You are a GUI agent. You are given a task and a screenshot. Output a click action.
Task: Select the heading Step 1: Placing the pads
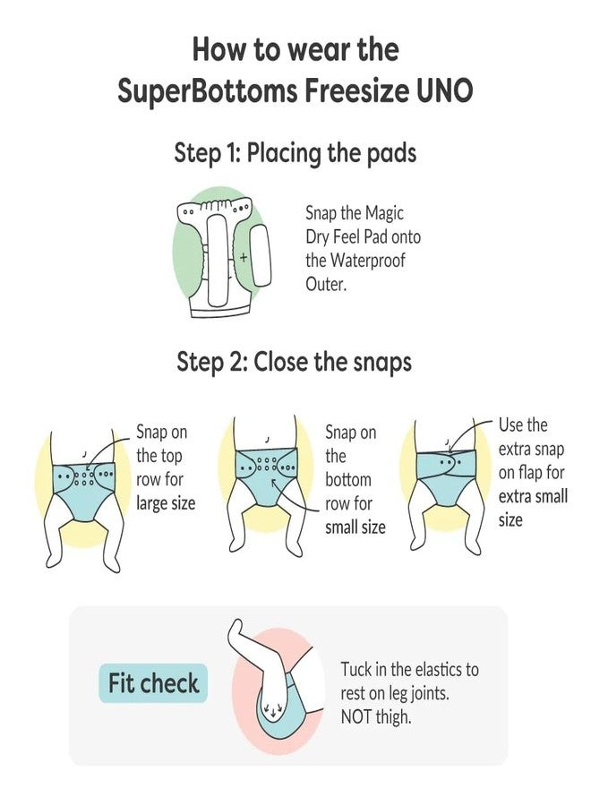(x=295, y=153)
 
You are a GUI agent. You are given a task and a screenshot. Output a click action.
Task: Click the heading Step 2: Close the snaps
(x=295, y=362)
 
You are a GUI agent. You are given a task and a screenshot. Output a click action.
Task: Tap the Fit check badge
(x=153, y=684)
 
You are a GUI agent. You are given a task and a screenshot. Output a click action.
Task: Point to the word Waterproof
(x=375, y=262)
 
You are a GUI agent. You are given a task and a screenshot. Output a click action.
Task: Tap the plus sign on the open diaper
(x=243, y=258)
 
